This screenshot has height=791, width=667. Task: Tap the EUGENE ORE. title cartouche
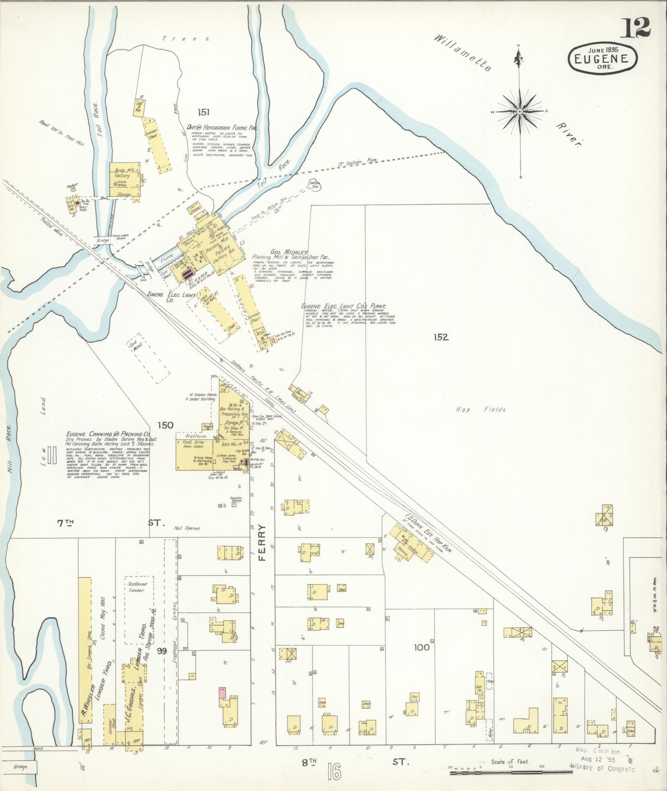click(x=603, y=58)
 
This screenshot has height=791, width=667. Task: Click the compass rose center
click(x=520, y=112)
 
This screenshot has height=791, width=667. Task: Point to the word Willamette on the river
click(x=463, y=53)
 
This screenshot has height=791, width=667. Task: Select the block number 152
click(x=440, y=337)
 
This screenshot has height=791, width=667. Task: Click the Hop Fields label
click(x=481, y=409)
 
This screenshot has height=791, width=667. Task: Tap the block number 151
click(x=203, y=112)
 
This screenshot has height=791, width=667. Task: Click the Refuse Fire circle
click(x=316, y=184)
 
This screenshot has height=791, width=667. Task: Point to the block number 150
click(x=165, y=425)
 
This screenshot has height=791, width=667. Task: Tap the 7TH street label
click(x=65, y=523)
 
